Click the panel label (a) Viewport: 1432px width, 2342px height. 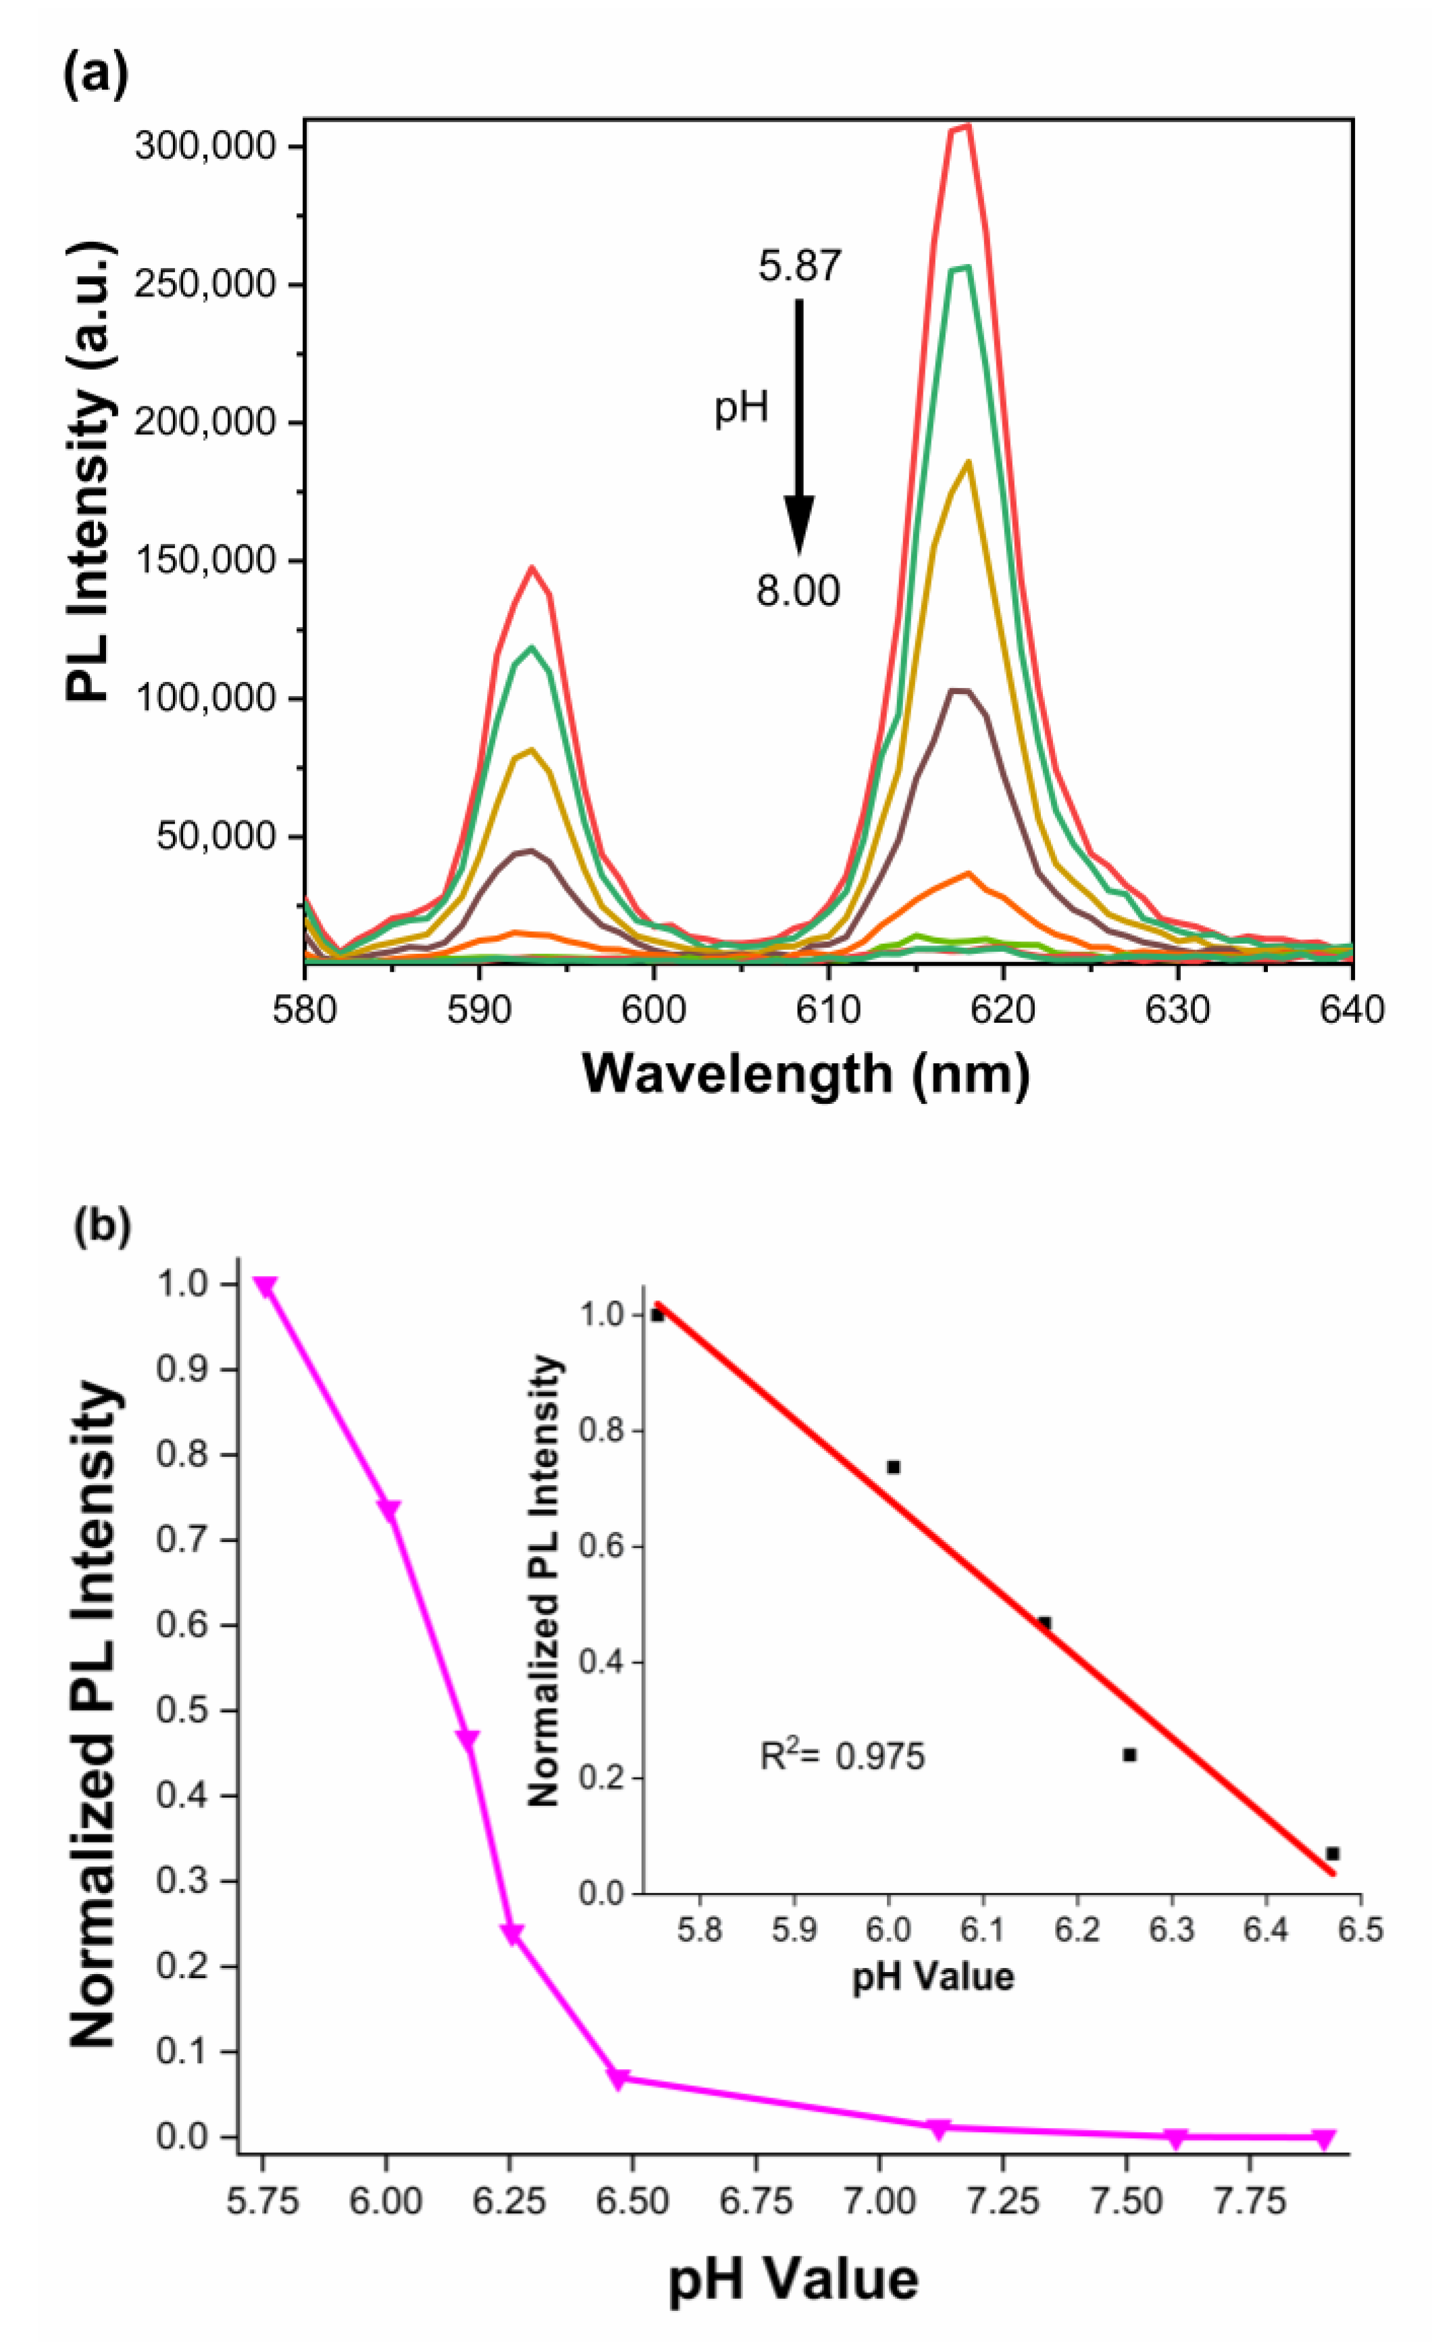coord(95,78)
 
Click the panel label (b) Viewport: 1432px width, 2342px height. coord(102,1226)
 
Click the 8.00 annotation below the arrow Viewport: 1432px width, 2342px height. coord(798,591)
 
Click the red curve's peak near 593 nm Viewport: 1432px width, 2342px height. coord(532,568)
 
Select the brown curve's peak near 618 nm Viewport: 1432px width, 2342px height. coord(961,691)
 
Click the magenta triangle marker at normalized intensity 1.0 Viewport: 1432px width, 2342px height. coord(265,1287)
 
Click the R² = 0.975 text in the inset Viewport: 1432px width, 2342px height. coord(842,1757)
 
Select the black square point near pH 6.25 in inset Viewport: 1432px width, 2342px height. coord(1129,1755)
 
